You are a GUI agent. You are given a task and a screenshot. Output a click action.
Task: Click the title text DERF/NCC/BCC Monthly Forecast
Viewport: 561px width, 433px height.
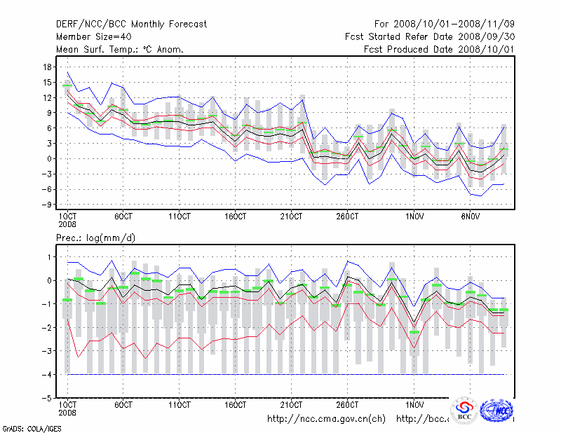tap(131, 25)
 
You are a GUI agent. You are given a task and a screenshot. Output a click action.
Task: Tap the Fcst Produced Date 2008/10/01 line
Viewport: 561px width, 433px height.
tap(438, 50)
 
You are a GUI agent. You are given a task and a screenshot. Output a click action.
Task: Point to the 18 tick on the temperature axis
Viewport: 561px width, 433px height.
tap(48, 67)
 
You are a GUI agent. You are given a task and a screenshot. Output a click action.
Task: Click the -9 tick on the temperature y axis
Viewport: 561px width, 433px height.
tap(48, 205)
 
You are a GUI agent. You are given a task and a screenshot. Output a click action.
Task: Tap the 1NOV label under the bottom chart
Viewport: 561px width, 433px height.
tap(415, 405)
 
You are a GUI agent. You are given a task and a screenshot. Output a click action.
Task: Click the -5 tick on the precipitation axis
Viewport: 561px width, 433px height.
tap(48, 398)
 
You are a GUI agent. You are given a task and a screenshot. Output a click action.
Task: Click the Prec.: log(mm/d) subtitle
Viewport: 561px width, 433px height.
tap(95, 238)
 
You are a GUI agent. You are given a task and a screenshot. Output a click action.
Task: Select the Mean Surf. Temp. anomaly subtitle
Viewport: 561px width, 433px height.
tap(120, 50)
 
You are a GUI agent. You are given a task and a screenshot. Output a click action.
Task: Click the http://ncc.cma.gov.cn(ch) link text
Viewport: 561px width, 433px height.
tap(327, 418)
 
